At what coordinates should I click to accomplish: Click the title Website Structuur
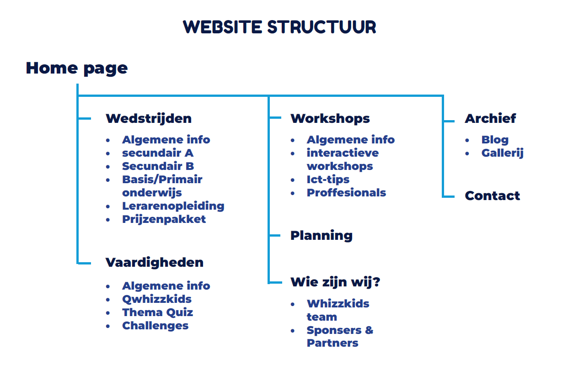(279, 27)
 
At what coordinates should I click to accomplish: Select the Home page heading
(77, 68)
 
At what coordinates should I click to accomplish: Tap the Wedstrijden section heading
(149, 119)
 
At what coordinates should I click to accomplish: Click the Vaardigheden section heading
(155, 263)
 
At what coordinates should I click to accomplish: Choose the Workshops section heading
(330, 119)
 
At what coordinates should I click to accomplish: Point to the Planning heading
(322, 236)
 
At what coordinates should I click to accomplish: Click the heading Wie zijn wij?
(336, 282)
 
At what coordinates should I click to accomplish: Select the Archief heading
(490, 119)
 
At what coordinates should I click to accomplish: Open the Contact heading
(493, 196)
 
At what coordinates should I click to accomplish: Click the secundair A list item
(158, 153)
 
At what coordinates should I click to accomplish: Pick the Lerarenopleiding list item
(173, 206)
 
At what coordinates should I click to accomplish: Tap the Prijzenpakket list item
(164, 219)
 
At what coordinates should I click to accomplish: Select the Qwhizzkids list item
(157, 299)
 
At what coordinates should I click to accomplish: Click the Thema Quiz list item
(158, 312)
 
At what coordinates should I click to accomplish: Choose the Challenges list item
(155, 326)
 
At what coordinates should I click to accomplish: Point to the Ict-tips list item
(328, 180)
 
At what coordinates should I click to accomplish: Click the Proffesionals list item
(347, 193)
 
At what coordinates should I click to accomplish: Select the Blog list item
(495, 140)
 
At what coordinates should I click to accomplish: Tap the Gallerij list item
(503, 153)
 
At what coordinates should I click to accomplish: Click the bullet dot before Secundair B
(108, 167)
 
